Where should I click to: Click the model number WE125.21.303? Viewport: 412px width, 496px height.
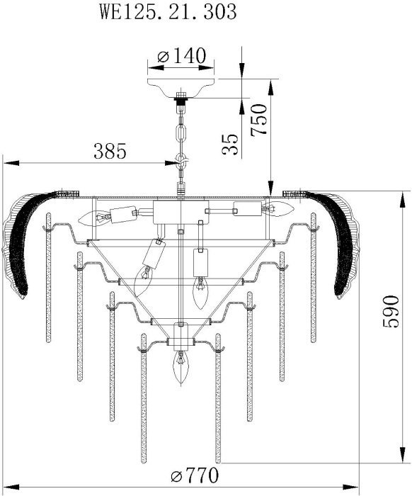pos(168,12)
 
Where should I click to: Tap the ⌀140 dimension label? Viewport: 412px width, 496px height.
pos(182,56)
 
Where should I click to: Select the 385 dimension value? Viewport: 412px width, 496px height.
pos(110,151)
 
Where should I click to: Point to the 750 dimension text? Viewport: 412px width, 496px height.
pos(259,120)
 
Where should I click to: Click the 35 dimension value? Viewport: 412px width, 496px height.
pos(229,144)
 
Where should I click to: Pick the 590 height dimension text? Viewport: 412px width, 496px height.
pos(391,312)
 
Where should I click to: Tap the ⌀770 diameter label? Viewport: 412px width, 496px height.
pos(195,475)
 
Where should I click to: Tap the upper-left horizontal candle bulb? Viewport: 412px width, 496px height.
pos(94,218)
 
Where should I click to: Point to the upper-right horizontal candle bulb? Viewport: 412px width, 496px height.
pos(278,209)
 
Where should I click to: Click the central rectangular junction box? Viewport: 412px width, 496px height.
pos(181,212)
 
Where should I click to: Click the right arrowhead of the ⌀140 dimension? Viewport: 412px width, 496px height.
pos(207,68)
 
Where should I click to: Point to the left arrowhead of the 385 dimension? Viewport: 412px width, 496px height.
pos(11,163)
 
